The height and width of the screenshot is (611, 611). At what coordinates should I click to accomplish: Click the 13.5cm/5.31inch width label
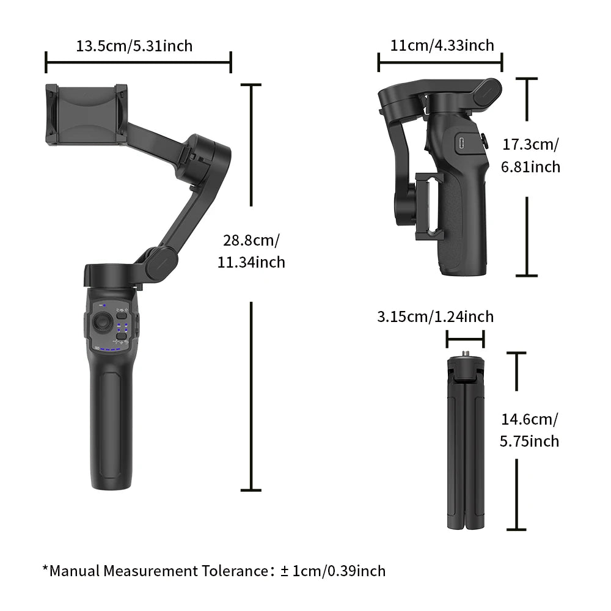click(x=134, y=46)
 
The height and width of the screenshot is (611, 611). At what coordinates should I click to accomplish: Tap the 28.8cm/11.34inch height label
click(x=251, y=251)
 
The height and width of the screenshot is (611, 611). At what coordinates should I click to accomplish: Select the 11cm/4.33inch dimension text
click(x=442, y=45)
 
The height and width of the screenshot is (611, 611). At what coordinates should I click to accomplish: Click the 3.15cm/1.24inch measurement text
click(x=435, y=316)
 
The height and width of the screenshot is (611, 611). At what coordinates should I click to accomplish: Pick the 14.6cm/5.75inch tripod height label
click(x=529, y=430)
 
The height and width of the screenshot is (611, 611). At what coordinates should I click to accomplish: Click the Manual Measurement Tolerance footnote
click(x=214, y=571)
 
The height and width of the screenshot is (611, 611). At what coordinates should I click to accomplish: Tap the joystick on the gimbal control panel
click(x=103, y=322)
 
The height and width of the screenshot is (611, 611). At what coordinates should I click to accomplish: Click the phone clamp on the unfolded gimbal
click(x=87, y=115)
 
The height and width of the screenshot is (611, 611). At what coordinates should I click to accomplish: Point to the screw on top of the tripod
click(x=465, y=354)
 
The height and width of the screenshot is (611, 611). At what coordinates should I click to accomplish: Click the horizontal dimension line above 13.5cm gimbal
click(x=138, y=62)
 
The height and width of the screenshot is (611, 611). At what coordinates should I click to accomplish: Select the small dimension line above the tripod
click(x=465, y=338)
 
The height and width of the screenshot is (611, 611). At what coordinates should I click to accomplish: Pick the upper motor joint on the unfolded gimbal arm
click(x=202, y=158)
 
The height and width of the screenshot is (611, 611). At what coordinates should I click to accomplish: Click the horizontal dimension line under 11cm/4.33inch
click(x=440, y=62)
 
